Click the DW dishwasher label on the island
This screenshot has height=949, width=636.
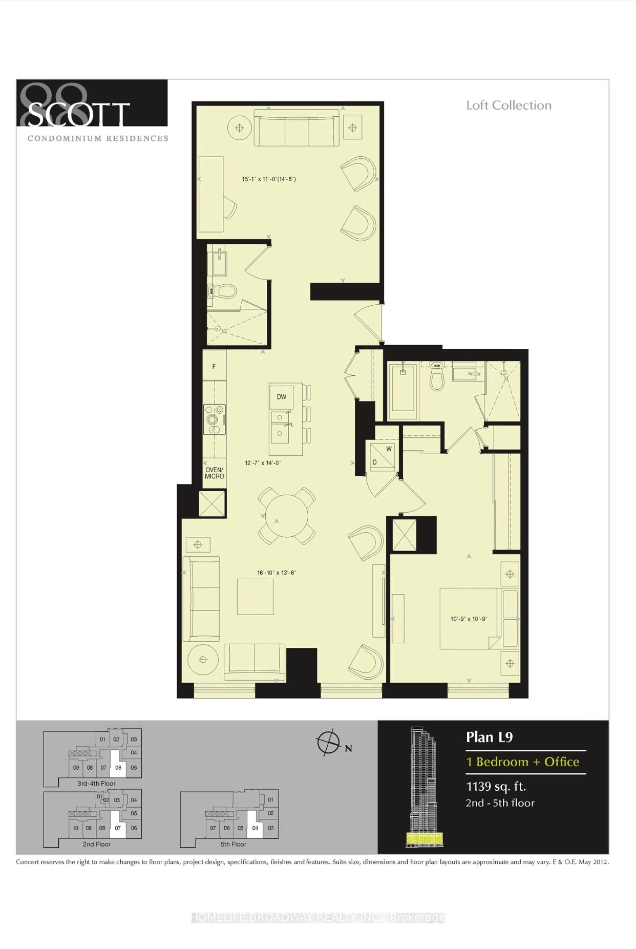tap(281, 397)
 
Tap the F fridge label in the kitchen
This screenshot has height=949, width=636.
tap(214, 367)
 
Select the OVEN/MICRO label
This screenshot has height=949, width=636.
tap(215, 473)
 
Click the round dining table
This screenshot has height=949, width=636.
tap(287, 515)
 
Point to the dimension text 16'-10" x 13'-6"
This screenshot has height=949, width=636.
tap(277, 573)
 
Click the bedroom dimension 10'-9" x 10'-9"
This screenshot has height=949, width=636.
tap(469, 619)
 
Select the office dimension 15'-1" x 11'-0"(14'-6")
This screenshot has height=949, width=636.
tap(269, 179)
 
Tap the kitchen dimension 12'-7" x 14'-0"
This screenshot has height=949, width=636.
tap(263, 463)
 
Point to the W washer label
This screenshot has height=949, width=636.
tap(389, 449)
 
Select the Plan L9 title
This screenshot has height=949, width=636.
tap(489, 737)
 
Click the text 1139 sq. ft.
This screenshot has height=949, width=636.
tap(496, 786)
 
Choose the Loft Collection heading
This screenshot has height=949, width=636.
tap(508, 106)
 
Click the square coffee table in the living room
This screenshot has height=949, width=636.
tap(255, 597)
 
